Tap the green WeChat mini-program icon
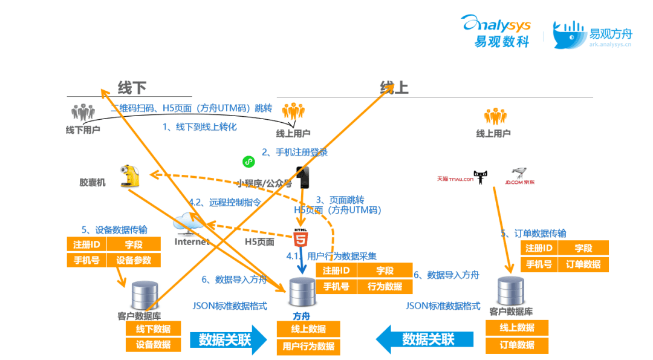point(249,162)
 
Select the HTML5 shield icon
point(301,238)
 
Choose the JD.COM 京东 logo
point(519,177)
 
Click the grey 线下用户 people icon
point(83,113)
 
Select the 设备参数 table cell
point(134,261)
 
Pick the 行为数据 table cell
point(385,286)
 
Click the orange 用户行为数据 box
point(308,347)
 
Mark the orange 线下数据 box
point(153,329)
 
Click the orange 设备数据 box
point(153,345)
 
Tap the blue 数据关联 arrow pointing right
point(228,339)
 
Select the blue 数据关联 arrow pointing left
point(423,339)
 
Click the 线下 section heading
point(132,88)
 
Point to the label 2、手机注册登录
point(294,152)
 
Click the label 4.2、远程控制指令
point(224,203)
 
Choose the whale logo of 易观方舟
point(569,34)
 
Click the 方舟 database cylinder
point(302,293)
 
